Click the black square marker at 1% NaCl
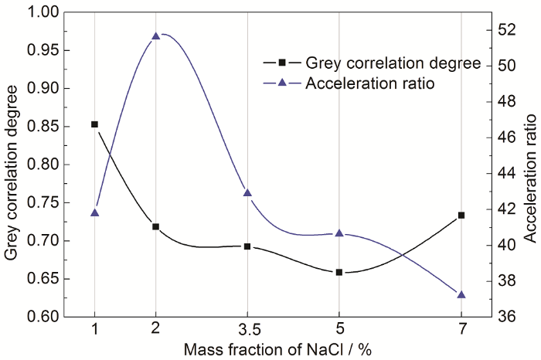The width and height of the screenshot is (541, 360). [94, 124]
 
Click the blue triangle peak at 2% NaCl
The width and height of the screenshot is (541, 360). [155, 36]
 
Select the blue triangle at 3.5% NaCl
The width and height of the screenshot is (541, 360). [247, 192]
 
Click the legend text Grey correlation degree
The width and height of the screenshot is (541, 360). [393, 62]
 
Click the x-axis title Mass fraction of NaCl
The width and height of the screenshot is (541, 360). [278, 349]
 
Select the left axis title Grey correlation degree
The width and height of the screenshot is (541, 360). [12, 165]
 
